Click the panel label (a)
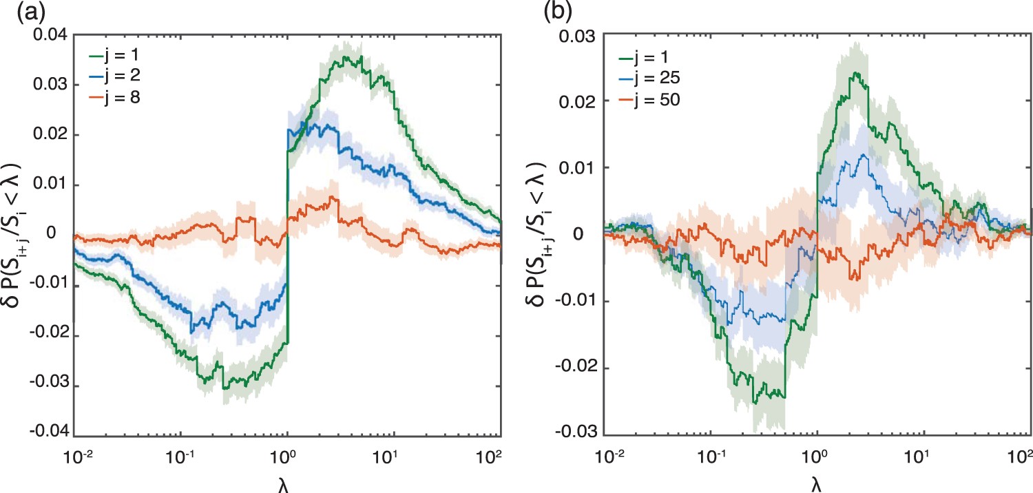(x=15, y=12)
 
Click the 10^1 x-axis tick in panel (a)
(x=394, y=456)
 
